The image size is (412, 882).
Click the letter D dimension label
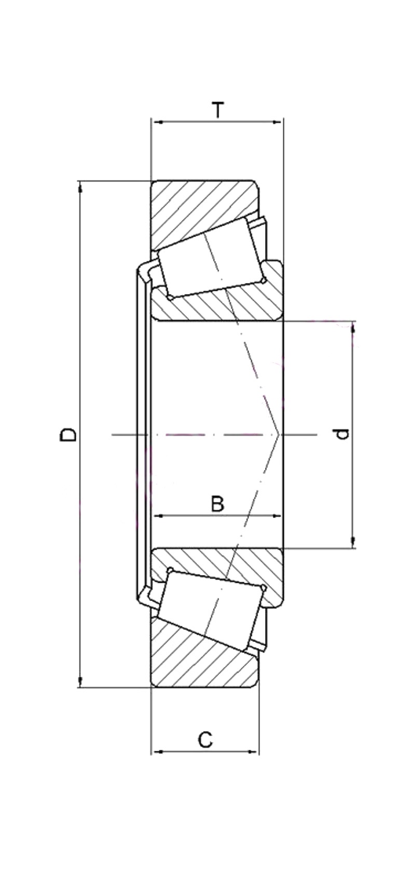click(68, 435)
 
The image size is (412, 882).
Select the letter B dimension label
click(217, 503)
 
